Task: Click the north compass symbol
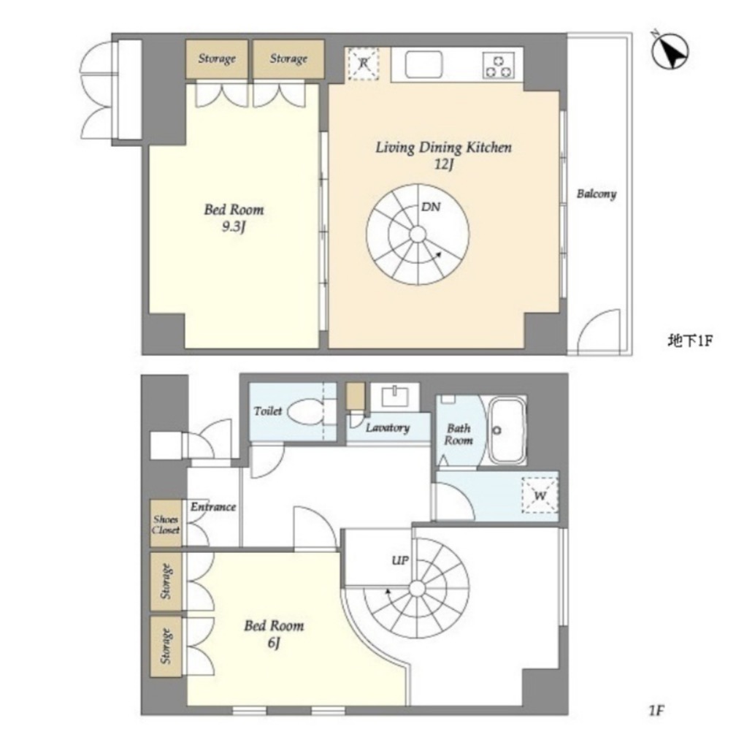tap(670, 51)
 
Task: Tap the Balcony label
tap(597, 194)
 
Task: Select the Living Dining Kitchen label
tap(443, 148)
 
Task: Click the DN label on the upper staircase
tap(431, 207)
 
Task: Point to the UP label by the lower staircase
tap(400, 561)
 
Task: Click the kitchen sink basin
tap(423, 64)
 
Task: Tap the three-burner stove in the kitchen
tap(499, 66)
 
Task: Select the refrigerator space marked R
tap(364, 64)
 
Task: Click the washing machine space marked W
tap(540, 495)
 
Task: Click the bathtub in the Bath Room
tap(507, 430)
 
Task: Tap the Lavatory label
tap(387, 428)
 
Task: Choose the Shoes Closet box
tap(166, 523)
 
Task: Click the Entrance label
tap(213, 507)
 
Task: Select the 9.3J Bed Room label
tap(234, 218)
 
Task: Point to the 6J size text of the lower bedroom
tap(274, 643)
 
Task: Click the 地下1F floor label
tap(690, 340)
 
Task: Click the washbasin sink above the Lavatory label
tap(394, 396)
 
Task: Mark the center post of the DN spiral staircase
tap(418, 234)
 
